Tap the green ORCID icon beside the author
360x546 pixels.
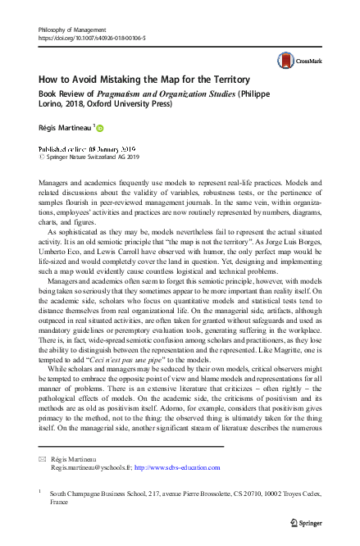[101, 130]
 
